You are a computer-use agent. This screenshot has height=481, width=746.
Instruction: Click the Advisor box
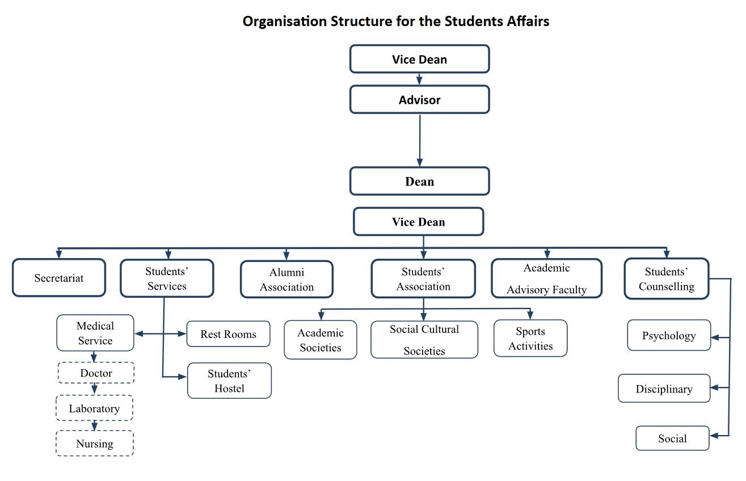pyautogui.click(x=419, y=100)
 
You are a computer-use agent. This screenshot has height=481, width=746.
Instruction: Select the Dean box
pyautogui.click(x=419, y=182)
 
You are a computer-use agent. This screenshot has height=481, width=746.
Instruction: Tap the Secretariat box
pyautogui.click(x=59, y=278)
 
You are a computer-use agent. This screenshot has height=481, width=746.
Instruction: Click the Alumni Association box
pyautogui.click(x=286, y=280)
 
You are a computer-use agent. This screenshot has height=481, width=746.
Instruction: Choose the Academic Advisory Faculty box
pyautogui.click(x=546, y=279)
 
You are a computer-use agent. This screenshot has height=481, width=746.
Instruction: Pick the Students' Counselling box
pyautogui.click(x=666, y=279)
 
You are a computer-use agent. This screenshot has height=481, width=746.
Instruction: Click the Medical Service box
pyautogui.click(x=95, y=333)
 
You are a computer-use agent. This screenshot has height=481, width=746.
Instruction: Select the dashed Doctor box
pyautogui.click(x=96, y=373)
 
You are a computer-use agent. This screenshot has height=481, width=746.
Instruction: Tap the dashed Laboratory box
pyautogui.click(x=95, y=408)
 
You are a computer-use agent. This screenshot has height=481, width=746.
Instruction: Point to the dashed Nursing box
pyautogui.click(x=95, y=444)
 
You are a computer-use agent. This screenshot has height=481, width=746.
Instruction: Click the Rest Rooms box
pyautogui.click(x=228, y=334)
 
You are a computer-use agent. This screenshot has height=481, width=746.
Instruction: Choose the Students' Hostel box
pyautogui.click(x=229, y=381)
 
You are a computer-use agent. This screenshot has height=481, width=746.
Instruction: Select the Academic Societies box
pyautogui.click(x=321, y=340)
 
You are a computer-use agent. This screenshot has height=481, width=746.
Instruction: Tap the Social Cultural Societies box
pyautogui.click(x=424, y=340)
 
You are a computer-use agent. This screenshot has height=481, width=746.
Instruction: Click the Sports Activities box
pyautogui.click(x=530, y=339)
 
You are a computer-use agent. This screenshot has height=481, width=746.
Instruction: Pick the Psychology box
pyautogui.click(x=669, y=335)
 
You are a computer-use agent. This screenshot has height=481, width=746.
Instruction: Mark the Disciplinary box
pyautogui.click(x=664, y=389)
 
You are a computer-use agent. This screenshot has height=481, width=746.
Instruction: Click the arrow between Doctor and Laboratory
pyautogui.click(x=95, y=389)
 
